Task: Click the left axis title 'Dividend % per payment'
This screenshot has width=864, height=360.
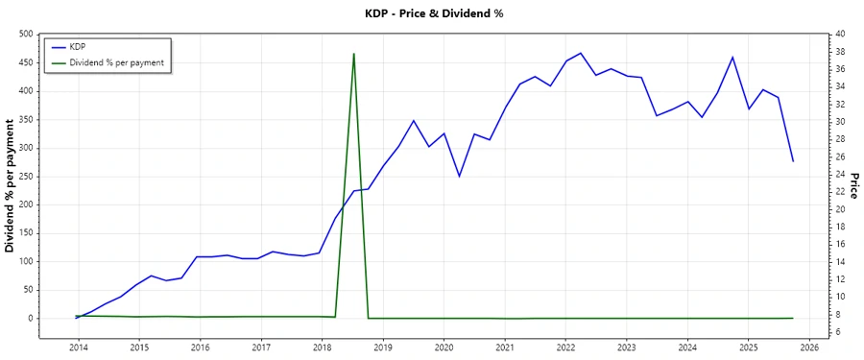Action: (11, 185)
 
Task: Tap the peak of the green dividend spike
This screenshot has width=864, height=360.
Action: (354, 54)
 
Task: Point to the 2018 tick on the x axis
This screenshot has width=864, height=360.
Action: (323, 347)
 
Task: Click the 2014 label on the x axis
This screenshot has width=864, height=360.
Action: (78, 347)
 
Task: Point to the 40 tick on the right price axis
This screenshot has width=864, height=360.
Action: (840, 35)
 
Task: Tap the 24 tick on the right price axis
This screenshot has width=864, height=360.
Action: (840, 175)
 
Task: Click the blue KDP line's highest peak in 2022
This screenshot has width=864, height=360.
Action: (580, 53)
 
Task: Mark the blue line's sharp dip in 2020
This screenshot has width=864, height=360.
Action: (459, 177)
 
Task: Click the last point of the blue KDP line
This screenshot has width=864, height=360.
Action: (793, 161)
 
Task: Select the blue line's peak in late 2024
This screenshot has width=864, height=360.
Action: (732, 57)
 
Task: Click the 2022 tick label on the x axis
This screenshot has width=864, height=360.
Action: (565, 347)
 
